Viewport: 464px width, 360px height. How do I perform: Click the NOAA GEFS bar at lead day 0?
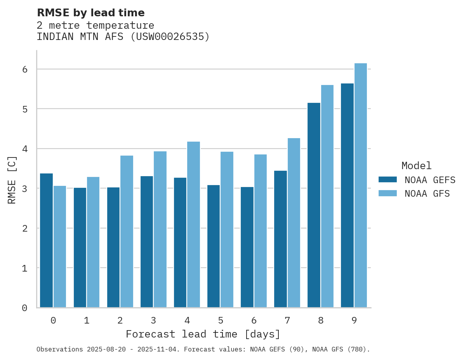(x=47, y=241)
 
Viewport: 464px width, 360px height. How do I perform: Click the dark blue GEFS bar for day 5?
(x=214, y=246)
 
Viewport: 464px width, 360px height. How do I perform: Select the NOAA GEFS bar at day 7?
(x=280, y=239)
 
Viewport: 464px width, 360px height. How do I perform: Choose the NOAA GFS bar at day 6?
(x=260, y=231)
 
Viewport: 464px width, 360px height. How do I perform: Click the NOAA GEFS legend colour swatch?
(x=388, y=180)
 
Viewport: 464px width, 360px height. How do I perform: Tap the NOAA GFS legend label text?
(x=427, y=194)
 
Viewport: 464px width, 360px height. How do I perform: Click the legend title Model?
(x=416, y=166)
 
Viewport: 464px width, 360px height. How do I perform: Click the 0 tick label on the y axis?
(x=24, y=308)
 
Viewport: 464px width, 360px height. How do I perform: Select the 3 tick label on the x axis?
(x=153, y=320)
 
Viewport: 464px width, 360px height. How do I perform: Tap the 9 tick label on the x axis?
(x=354, y=320)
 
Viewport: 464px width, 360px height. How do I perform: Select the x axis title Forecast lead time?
(x=203, y=334)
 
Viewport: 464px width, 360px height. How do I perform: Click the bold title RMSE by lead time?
(x=90, y=13)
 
